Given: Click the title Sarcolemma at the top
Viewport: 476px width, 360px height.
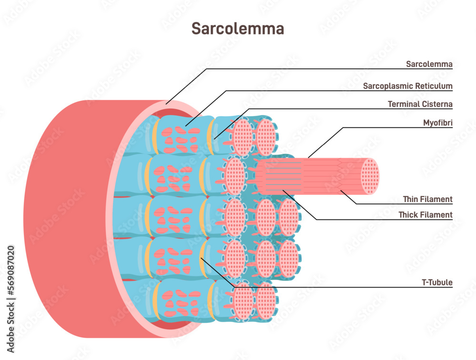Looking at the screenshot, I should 238,29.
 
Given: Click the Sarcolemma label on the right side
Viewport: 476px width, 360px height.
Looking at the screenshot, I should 429,64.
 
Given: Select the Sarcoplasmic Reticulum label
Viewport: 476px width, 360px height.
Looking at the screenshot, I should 407,86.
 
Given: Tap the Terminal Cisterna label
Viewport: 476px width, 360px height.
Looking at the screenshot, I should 420,104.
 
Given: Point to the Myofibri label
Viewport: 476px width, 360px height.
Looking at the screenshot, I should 437,123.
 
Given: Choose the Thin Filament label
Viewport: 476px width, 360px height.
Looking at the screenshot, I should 427,199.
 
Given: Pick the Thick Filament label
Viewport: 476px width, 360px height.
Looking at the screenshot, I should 426,215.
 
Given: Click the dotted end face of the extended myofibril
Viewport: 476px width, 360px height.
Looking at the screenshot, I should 369,176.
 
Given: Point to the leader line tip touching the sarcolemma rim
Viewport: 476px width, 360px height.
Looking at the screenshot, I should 166,103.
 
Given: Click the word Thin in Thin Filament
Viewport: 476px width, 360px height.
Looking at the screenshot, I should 410,199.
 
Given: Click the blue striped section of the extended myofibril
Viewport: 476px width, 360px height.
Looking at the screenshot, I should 281,176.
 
